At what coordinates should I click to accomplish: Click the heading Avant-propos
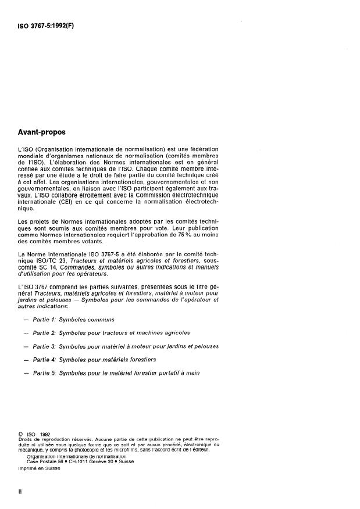[42, 132]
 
